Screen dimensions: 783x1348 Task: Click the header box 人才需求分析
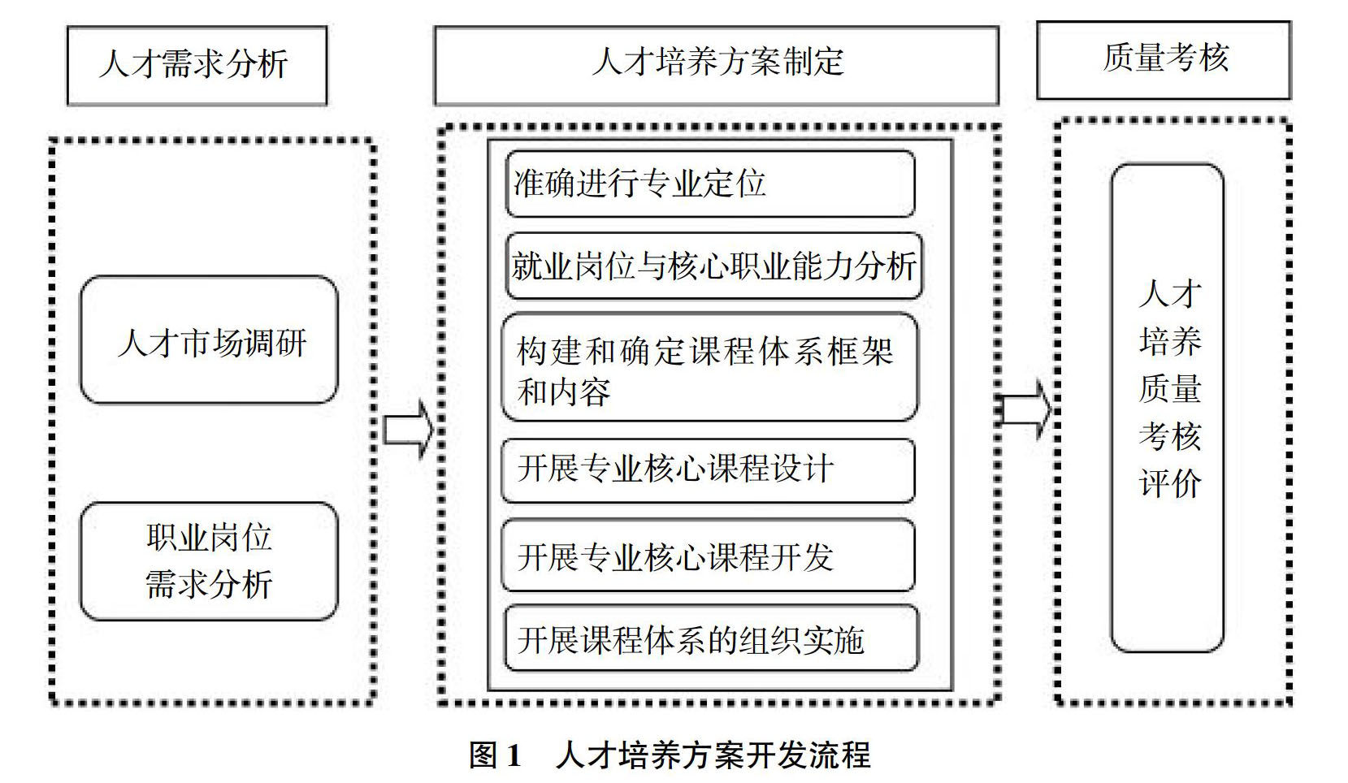tap(196, 65)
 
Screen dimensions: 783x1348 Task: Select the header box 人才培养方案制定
tap(716, 65)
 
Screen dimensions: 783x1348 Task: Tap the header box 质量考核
tap(1164, 60)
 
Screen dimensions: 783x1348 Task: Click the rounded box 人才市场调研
tap(209, 340)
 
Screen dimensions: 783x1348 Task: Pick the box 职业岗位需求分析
tap(209, 561)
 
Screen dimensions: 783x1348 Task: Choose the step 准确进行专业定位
tap(710, 184)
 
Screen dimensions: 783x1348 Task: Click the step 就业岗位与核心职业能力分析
tap(713, 266)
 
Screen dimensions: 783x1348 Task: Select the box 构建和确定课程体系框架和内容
tap(709, 368)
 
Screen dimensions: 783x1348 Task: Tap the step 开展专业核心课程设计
tap(708, 469)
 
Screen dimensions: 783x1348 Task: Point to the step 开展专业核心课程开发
tap(708, 556)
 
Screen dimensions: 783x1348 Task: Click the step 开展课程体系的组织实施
tap(711, 639)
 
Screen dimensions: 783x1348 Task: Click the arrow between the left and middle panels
tap(409, 429)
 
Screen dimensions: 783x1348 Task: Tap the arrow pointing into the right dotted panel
tap(1026, 409)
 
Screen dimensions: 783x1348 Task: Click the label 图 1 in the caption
tap(495, 756)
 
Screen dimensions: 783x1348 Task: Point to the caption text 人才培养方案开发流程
tap(713, 756)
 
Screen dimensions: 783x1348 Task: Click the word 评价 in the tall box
tap(1169, 484)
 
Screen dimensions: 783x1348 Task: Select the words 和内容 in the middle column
tap(564, 393)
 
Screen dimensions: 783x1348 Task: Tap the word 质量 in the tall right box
tap(1169, 388)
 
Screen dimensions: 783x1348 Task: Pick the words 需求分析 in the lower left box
tap(209, 585)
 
